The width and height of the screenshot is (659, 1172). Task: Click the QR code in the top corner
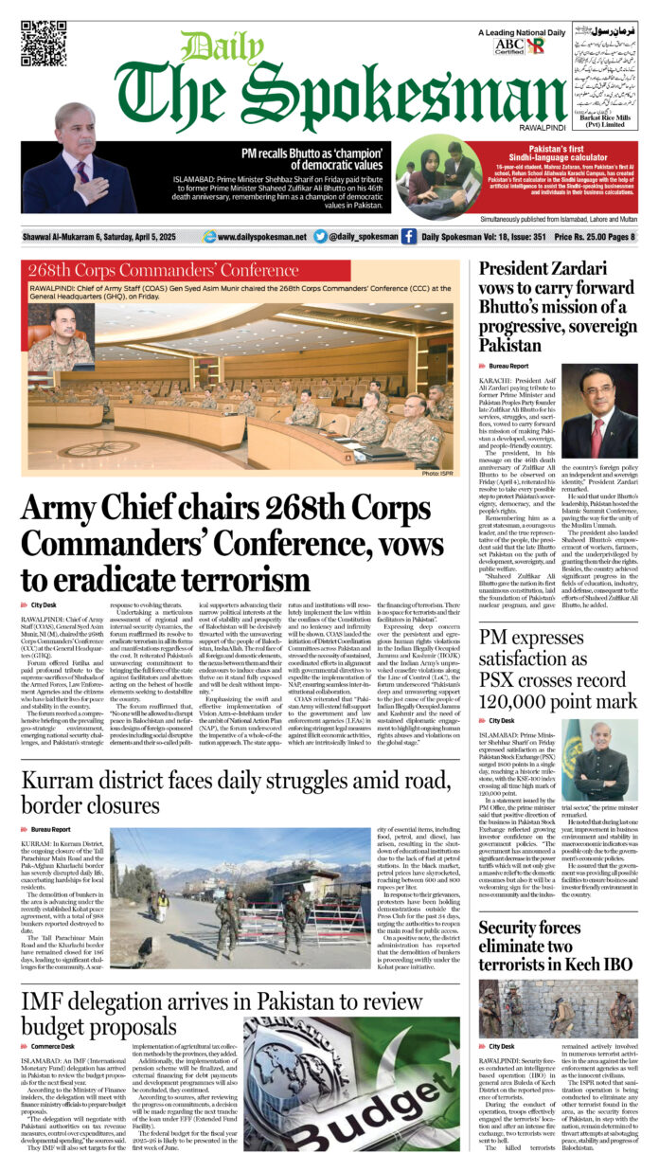[44, 43]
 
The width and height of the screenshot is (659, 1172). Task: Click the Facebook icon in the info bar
[408, 237]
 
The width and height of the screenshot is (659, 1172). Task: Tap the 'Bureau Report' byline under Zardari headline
[515, 365]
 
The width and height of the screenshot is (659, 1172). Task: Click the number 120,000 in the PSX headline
[515, 702]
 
